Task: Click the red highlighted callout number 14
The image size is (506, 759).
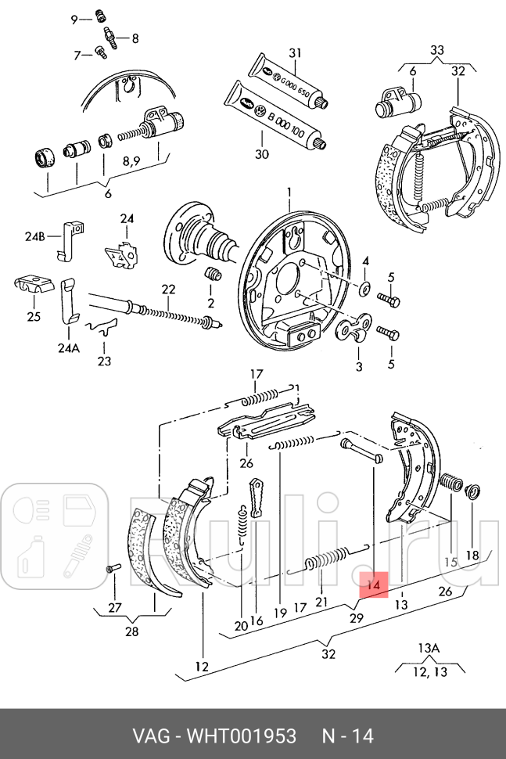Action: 375,585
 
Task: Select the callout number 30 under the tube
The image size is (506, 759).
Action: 261,154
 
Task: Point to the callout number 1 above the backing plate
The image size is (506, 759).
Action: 288,192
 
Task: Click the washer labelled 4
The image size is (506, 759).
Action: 365,289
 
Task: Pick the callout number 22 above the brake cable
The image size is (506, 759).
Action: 168,289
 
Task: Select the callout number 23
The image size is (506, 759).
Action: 104,361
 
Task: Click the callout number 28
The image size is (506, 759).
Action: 131,631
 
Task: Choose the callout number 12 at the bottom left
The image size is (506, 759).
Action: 202,667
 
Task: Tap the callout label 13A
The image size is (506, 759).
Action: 429,648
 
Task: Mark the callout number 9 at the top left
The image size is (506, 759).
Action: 74,20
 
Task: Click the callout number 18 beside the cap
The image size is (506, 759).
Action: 472,556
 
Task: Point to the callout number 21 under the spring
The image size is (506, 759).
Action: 321,602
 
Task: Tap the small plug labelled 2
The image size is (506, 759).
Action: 210,275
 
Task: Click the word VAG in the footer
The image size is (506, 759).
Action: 148,736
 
